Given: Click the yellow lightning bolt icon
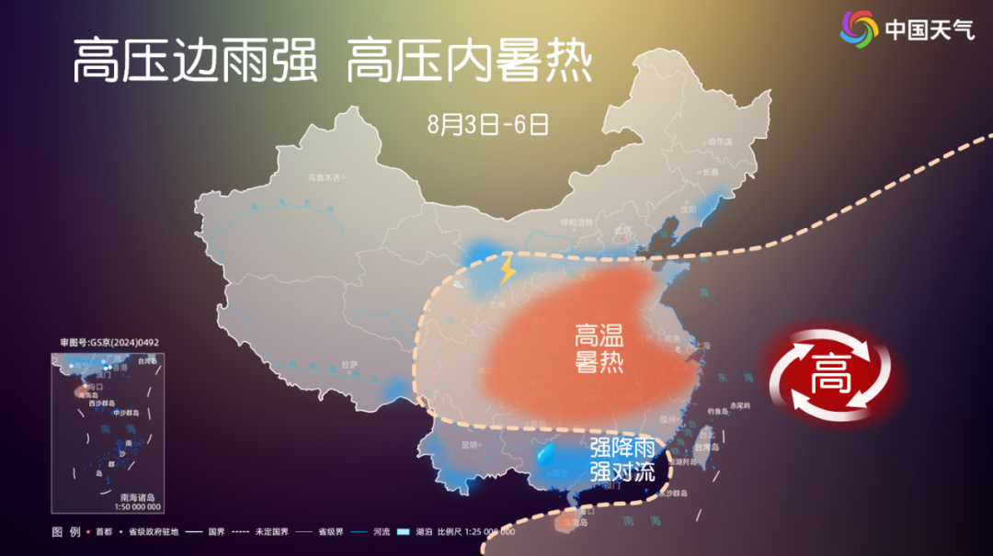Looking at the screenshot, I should [x=507, y=270].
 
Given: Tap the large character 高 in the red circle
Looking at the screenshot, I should [x=829, y=374].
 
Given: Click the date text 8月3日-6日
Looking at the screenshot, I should [x=488, y=124].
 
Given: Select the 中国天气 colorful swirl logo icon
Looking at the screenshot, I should [x=859, y=28].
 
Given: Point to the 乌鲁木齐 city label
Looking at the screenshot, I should [x=324, y=176].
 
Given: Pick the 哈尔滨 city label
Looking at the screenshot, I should [x=719, y=142].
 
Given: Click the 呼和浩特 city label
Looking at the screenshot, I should [x=578, y=221].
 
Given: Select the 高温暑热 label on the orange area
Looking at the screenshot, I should [x=599, y=347].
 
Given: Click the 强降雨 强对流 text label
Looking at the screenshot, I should [x=622, y=460].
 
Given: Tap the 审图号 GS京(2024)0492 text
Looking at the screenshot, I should [x=109, y=343].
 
